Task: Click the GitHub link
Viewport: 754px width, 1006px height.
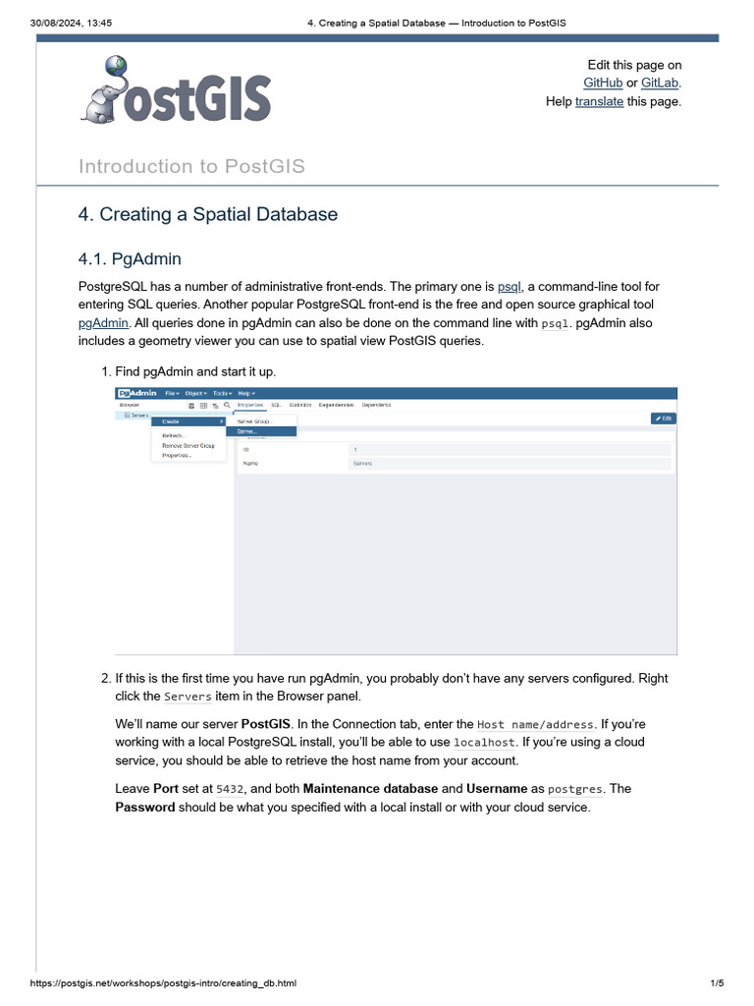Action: (603, 83)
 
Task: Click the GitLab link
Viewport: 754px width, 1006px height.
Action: (660, 83)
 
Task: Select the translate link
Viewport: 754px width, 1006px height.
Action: (599, 100)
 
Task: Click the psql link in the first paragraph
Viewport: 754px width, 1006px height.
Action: (510, 286)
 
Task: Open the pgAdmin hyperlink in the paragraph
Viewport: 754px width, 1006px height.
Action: (103, 322)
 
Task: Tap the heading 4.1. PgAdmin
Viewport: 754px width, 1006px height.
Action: (130, 259)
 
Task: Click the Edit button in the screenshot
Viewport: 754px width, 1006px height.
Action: (664, 418)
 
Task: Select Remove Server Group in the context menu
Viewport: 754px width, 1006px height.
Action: (188, 445)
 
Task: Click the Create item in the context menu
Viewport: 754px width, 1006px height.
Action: (172, 421)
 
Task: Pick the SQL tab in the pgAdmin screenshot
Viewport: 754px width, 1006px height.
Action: (276, 405)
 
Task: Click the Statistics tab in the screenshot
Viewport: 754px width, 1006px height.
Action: (300, 405)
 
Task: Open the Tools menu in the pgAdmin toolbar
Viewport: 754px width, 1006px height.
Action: (222, 393)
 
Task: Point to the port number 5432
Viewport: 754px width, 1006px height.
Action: (229, 789)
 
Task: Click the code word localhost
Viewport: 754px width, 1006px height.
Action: (485, 743)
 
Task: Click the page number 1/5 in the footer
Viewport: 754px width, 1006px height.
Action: (717, 983)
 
